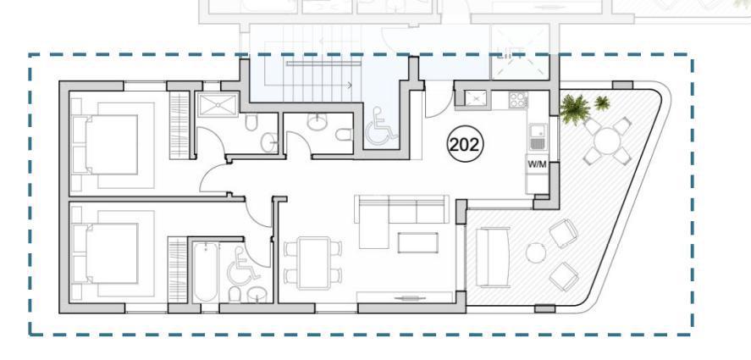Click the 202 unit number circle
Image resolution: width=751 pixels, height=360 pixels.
tap(465, 144)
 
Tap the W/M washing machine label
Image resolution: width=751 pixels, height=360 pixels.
tap(537, 164)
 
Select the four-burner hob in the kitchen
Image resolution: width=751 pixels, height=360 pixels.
tap(518, 100)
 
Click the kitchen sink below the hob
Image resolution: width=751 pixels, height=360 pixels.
tap(538, 136)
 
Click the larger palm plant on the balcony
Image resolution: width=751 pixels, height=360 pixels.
tap(574, 108)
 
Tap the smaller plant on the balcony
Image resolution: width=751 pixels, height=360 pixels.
tap(602, 102)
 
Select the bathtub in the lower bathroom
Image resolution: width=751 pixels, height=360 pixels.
tap(206, 271)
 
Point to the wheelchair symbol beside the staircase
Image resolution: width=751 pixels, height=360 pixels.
tap(382, 127)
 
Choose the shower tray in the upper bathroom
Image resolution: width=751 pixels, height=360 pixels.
tap(218, 105)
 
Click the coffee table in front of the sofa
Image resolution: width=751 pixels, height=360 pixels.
tap(417, 242)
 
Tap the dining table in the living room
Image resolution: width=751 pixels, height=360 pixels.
tap(313, 263)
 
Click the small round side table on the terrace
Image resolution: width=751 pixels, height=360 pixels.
tap(535, 252)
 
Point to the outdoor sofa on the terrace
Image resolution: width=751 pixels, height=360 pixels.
tap(493, 258)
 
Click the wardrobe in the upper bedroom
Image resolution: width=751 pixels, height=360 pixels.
tap(179, 125)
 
